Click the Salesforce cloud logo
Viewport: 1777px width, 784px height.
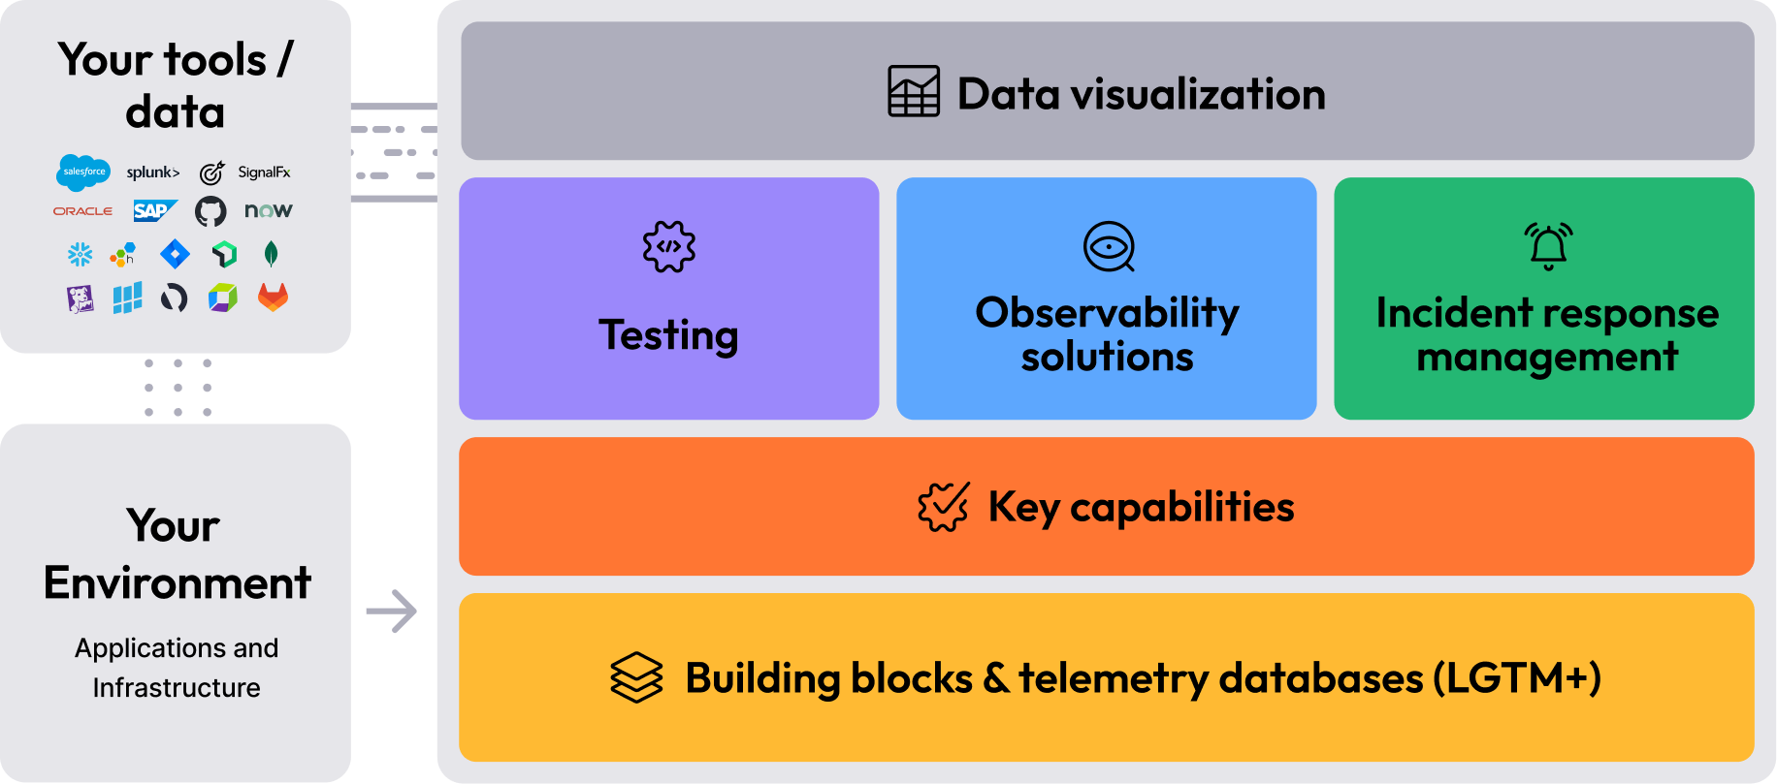click(83, 172)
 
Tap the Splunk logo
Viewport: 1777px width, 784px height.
click(153, 172)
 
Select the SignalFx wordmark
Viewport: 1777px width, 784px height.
click(264, 172)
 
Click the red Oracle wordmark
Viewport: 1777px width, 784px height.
click(82, 211)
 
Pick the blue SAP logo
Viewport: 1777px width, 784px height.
click(154, 210)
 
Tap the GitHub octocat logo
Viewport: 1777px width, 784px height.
click(210, 210)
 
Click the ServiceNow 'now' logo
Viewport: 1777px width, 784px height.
click(268, 210)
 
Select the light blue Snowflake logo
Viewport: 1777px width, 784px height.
click(80, 254)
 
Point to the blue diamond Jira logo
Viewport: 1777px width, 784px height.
click(175, 254)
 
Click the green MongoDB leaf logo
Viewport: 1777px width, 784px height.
click(272, 254)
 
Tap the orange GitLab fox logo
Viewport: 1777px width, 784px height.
click(273, 297)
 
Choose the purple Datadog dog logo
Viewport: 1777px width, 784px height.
click(80, 298)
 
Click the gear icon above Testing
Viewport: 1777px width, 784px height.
click(669, 246)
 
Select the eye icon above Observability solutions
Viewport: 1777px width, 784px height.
click(1109, 247)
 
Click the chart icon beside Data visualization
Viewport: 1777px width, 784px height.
click(914, 92)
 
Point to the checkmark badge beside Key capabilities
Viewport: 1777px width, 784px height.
click(943, 507)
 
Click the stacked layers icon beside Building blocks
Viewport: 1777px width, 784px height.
click(636, 676)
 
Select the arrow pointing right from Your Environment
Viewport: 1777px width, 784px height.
click(392, 612)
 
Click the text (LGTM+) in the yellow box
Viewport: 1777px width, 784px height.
click(1517, 677)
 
